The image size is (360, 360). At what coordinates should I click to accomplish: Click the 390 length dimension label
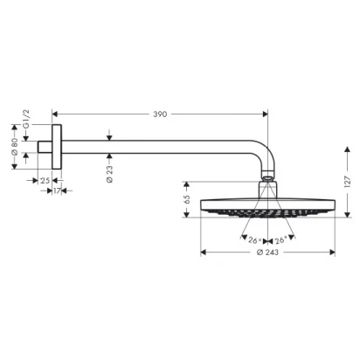click(160, 114)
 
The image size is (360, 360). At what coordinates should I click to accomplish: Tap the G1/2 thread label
click(26, 120)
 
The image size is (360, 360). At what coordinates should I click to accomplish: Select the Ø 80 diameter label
click(15, 147)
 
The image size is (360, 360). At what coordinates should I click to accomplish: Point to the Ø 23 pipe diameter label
click(109, 174)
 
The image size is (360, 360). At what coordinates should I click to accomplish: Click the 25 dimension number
click(45, 181)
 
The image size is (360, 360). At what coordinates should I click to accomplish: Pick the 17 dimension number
click(57, 191)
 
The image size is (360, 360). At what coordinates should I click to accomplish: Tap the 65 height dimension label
click(187, 199)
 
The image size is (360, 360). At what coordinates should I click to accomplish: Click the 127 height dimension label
click(348, 182)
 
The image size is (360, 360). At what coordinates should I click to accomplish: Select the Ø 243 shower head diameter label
click(267, 253)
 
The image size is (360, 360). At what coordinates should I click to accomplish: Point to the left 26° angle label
click(254, 240)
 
